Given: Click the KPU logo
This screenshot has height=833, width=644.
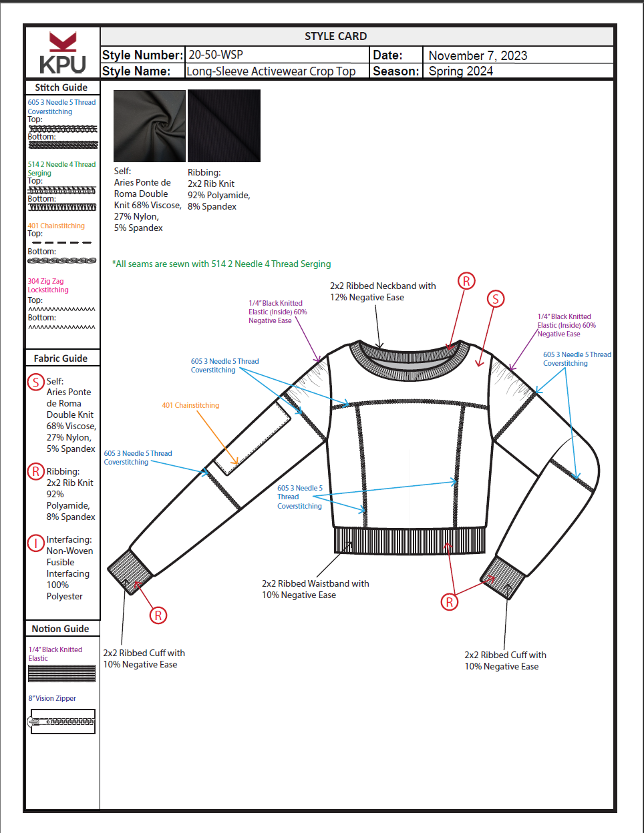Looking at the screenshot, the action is click(x=62, y=53).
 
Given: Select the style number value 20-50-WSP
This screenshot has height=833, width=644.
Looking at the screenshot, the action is click(x=216, y=55).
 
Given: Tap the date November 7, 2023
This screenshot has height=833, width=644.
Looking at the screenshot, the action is click(x=478, y=55).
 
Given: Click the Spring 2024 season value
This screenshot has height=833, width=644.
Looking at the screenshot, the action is click(x=460, y=71).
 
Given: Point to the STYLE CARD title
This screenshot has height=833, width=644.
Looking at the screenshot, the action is click(x=335, y=36).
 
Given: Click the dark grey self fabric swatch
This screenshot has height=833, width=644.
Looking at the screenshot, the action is click(x=150, y=126).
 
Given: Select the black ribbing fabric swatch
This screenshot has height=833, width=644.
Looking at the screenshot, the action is click(x=224, y=126).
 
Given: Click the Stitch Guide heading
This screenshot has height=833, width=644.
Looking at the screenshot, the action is click(x=61, y=87).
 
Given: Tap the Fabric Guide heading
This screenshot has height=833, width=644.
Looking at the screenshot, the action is click(x=61, y=358).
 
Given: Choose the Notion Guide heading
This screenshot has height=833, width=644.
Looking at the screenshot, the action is click(x=60, y=629).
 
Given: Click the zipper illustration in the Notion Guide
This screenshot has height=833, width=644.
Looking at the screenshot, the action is click(x=62, y=722).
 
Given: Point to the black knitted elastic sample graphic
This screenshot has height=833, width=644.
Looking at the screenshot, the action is click(x=62, y=673).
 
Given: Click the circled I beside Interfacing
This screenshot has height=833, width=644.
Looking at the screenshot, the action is click(x=35, y=543).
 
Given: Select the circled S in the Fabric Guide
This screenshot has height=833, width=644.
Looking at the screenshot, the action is click(x=35, y=382).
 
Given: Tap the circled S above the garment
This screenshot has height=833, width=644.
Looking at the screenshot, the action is click(x=495, y=299).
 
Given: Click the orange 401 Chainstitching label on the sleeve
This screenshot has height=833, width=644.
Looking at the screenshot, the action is click(x=190, y=405).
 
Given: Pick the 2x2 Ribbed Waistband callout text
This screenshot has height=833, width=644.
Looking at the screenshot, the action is click(x=315, y=589).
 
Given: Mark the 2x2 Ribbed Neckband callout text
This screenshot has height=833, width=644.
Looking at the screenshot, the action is click(x=382, y=291).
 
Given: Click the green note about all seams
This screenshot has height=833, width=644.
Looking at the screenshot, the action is click(x=222, y=264).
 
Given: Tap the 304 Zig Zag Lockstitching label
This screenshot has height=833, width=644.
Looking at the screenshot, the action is click(x=48, y=286).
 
